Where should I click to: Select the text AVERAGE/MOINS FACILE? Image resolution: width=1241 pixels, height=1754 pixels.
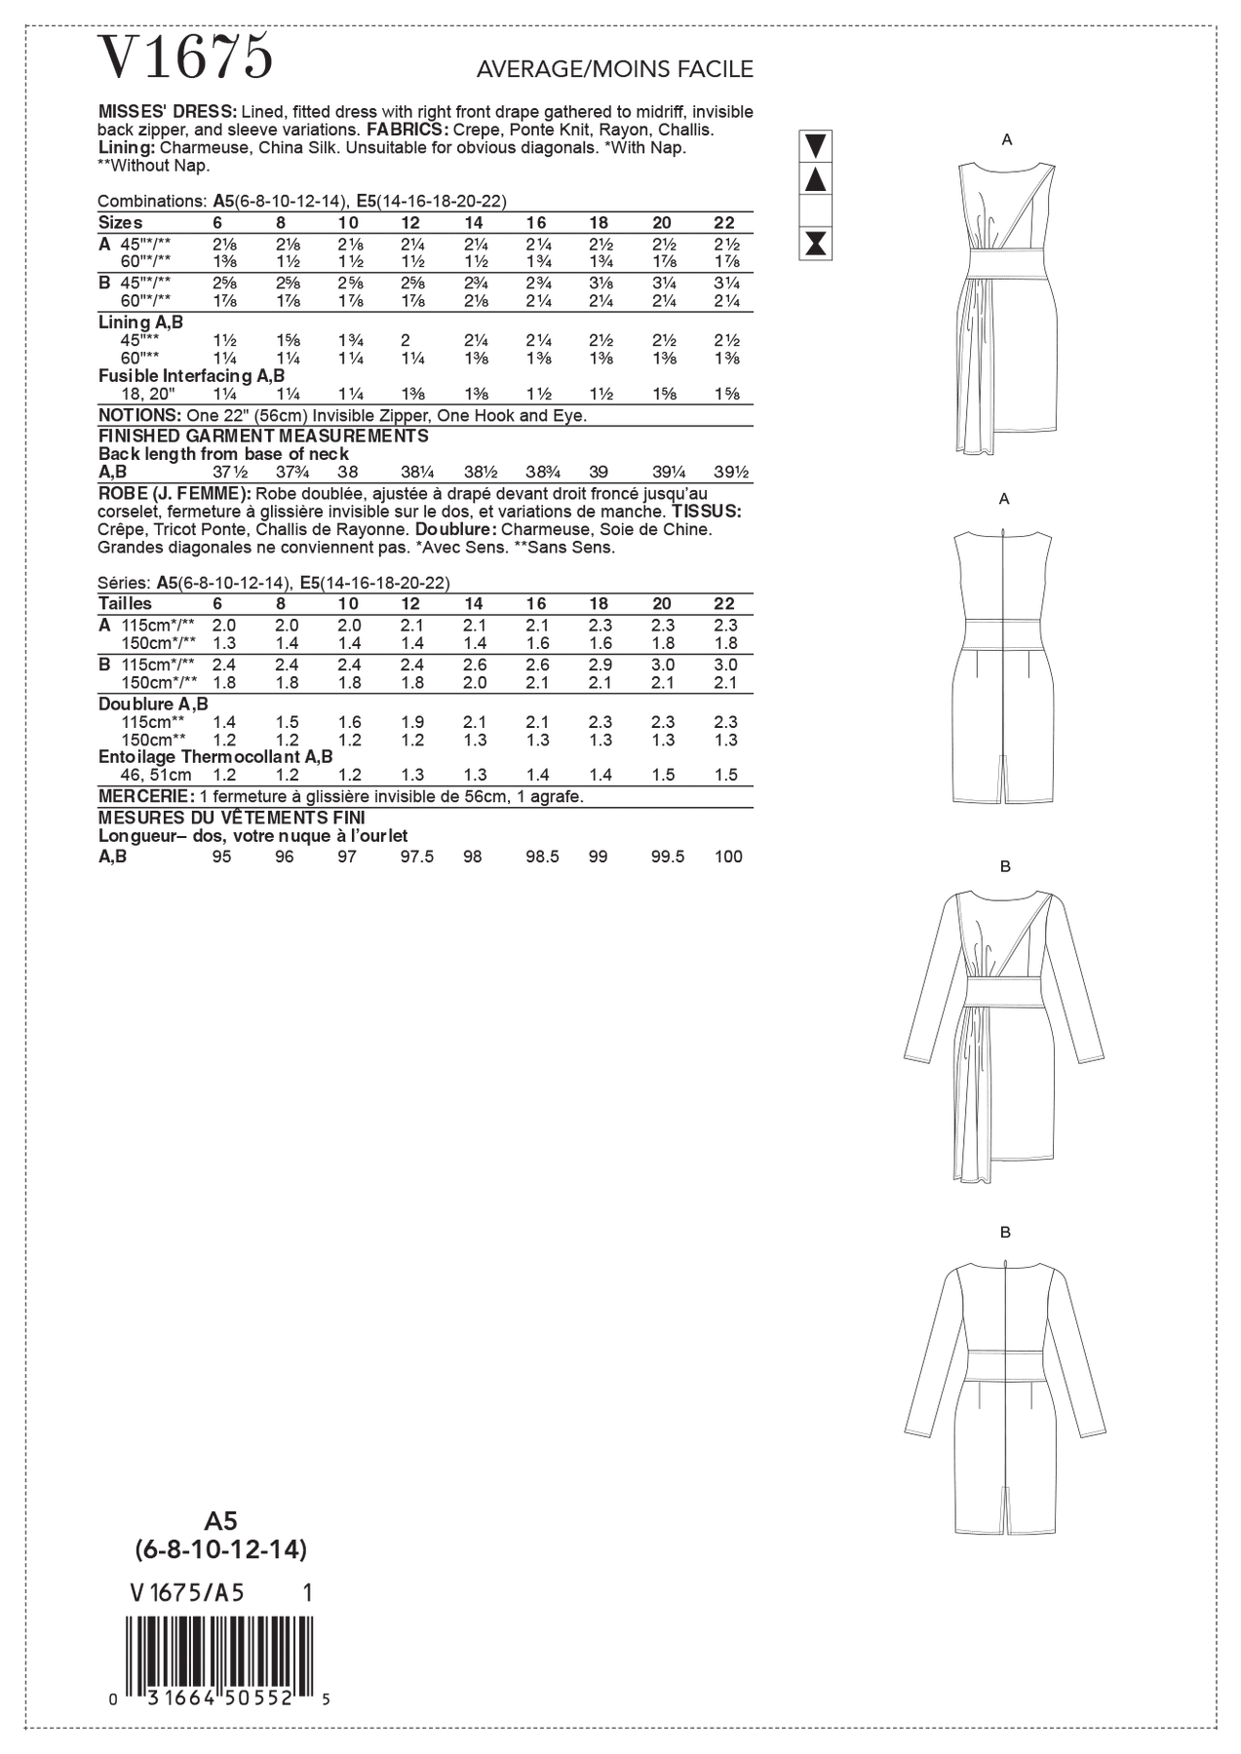[614, 69]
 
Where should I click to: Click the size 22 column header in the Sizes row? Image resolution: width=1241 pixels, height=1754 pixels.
[723, 223]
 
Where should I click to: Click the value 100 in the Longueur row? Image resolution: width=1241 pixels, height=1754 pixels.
[727, 857]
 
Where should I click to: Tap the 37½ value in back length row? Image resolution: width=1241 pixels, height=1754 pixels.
[222, 473]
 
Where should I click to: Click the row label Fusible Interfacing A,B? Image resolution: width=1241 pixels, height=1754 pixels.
[191, 376]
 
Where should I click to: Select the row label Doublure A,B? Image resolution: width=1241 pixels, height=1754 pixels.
[153, 704]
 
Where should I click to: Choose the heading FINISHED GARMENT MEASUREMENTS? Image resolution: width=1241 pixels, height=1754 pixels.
[263, 436]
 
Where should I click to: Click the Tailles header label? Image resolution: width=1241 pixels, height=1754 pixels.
[125, 604]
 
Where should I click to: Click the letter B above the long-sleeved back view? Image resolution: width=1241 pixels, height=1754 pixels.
[1005, 1233]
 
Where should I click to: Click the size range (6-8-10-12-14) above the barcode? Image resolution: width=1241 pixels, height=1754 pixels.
[221, 1549]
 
